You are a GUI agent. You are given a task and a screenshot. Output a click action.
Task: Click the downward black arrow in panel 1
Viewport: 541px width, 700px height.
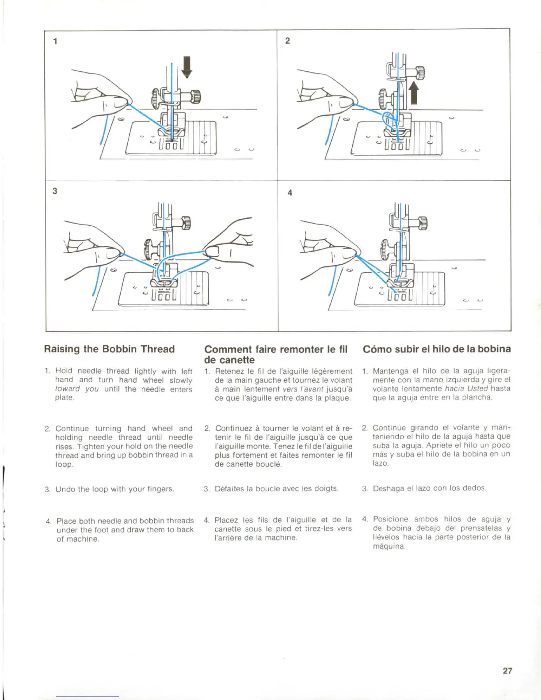coord(187,67)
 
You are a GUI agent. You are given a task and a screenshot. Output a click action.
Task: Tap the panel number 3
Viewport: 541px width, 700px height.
coord(55,191)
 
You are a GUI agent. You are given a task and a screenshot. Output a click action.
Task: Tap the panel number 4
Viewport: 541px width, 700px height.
coord(290,193)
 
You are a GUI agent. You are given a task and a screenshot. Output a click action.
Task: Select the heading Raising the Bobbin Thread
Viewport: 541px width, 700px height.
coord(109,349)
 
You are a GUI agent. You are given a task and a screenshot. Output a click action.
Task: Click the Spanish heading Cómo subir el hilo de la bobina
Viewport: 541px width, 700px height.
coord(437,349)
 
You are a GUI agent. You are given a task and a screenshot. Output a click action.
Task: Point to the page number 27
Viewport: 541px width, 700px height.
coord(507,670)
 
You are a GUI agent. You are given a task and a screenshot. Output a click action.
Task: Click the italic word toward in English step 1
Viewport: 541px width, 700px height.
coord(67,389)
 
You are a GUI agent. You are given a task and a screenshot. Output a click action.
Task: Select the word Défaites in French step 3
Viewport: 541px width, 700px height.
coord(229,489)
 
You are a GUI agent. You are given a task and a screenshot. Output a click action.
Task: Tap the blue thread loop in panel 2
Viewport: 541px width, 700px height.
coord(389,119)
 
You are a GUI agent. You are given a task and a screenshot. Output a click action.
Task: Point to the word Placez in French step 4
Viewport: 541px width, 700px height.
coord(227,520)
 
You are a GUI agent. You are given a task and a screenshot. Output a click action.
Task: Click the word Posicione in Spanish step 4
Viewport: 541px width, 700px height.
coord(390,519)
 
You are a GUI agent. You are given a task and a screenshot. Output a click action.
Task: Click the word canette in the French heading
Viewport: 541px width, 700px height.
coord(237,360)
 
